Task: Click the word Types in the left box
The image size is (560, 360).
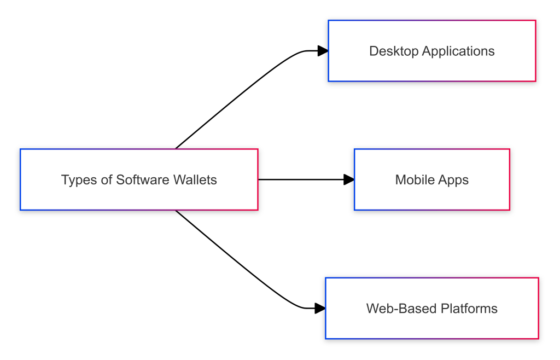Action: [x=74, y=180]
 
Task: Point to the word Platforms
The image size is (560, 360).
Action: [x=471, y=309]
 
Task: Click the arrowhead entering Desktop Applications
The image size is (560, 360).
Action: [x=323, y=51]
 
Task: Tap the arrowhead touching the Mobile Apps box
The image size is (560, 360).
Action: [x=349, y=179]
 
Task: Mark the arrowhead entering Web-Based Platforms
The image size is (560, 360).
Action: [x=320, y=308]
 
